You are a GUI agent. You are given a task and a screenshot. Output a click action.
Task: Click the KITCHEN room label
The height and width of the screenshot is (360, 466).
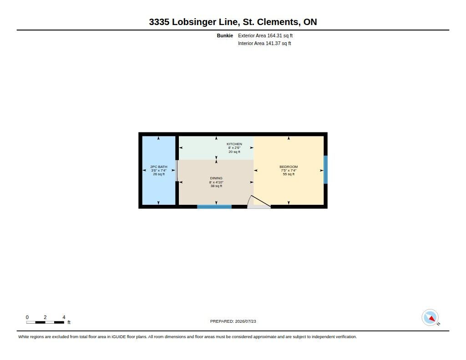pyautogui.click(x=234, y=144)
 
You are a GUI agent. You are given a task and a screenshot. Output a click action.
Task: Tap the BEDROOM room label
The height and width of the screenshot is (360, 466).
pyautogui.click(x=288, y=167)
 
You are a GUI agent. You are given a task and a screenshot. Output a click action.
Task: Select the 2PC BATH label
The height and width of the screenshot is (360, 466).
pyautogui.click(x=159, y=167)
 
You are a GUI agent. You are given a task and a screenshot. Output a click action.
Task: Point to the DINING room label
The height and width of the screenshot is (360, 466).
pyautogui.click(x=216, y=178)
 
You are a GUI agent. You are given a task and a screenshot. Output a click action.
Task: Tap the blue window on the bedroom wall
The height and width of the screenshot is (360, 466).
pyautogui.click(x=325, y=170)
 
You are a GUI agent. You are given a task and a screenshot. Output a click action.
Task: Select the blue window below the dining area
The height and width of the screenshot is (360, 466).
pyautogui.click(x=214, y=207)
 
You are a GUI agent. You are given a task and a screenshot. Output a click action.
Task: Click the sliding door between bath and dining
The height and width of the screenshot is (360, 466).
pyautogui.click(x=177, y=171)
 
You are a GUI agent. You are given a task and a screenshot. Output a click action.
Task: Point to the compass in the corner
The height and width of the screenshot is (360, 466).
pyautogui.click(x=430, y=318)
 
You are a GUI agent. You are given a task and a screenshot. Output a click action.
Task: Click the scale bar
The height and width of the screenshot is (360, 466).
pyautogui.click(x=45, y=322)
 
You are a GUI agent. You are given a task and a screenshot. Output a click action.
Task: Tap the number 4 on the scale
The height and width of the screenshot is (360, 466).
pyautogui.click(x=64, y=317)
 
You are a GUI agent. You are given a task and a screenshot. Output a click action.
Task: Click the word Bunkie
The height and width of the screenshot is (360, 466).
pyautogui.click(x=225, y=35)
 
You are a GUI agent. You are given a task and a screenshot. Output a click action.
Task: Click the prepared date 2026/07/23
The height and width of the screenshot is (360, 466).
pyautogui.click(x=245, y=321)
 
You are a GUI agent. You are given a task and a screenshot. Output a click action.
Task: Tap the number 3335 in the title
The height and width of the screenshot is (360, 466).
pyautogui.click(x=159, y=22)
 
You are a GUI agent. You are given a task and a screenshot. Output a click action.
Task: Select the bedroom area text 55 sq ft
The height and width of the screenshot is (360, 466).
pyautogui.click(x=288, y=174)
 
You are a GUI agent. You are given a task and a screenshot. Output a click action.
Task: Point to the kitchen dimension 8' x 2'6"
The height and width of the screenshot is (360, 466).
pyautogui.click(x=234, y=148)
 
